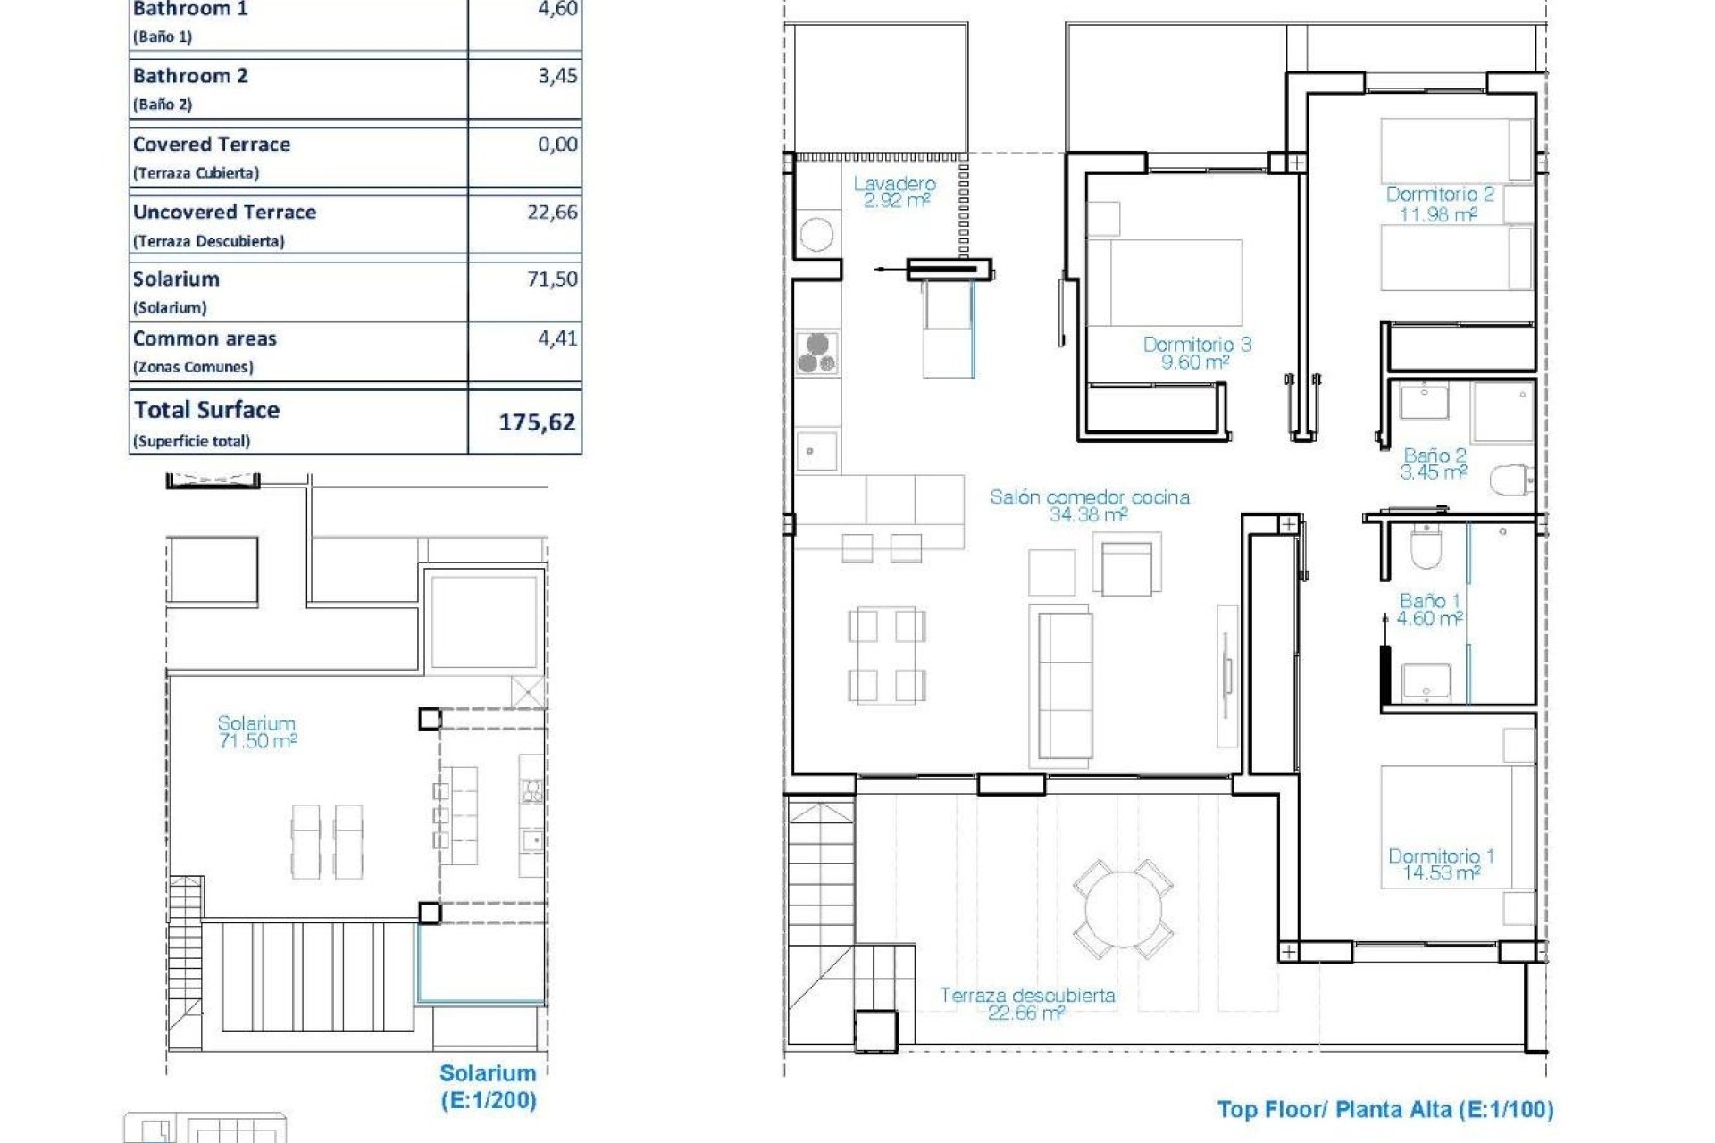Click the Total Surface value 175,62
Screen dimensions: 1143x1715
(536, 421)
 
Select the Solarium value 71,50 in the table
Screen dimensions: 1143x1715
(552, 279)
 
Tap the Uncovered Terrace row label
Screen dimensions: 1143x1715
(224, 213)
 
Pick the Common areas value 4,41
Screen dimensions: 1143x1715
(557, 338)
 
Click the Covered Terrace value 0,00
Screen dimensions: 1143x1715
(557, 144)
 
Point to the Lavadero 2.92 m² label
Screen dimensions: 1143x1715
(895, 192)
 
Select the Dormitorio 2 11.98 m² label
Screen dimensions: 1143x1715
(1439, 204)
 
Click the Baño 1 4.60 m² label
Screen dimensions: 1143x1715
(1429, 610)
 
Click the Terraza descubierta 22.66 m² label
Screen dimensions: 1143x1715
(1027, 1004)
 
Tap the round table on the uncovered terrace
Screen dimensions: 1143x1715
(1124, 909)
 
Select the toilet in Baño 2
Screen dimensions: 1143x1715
(1510, 480)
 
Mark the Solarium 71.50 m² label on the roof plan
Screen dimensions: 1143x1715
(257, 731)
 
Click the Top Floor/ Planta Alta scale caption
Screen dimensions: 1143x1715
(1385, 1110)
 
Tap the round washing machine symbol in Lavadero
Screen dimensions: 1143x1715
(816, 235)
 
